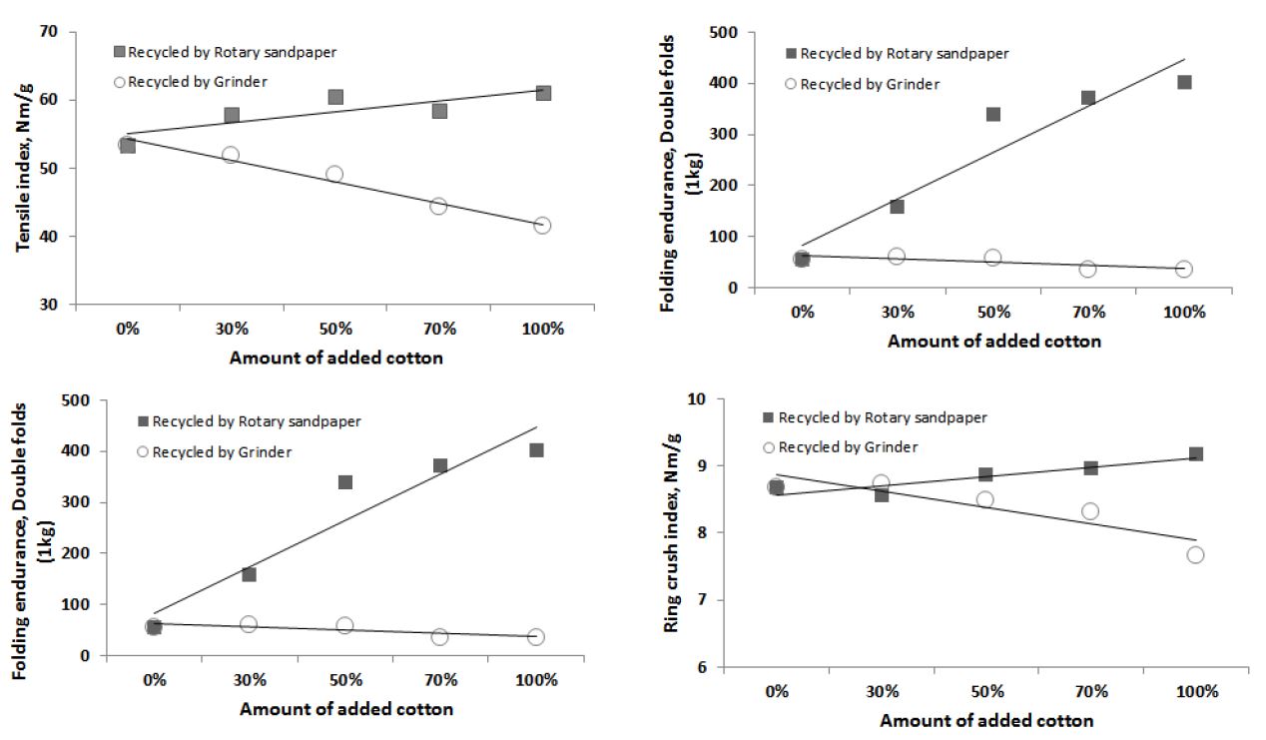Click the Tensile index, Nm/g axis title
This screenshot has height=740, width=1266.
(x=22, y=169)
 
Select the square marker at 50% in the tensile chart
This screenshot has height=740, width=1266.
(x=335, y=97)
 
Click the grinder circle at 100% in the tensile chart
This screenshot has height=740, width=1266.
(x=542, y=226)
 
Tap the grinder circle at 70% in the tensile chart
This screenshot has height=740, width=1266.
(x=438, y=206)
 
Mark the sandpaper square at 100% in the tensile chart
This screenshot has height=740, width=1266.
(x=543, y=93)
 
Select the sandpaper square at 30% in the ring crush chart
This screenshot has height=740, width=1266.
(x=881, y=494)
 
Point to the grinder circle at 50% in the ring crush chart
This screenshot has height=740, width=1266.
(x=984, y=499)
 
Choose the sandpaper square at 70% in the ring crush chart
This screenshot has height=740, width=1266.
(x=1090, y=467)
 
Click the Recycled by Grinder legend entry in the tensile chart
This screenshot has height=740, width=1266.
(x=185, y=82)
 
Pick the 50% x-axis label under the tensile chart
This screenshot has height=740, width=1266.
(x=335, y=328)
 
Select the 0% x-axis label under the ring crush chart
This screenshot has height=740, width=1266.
(x=776, y=690)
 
